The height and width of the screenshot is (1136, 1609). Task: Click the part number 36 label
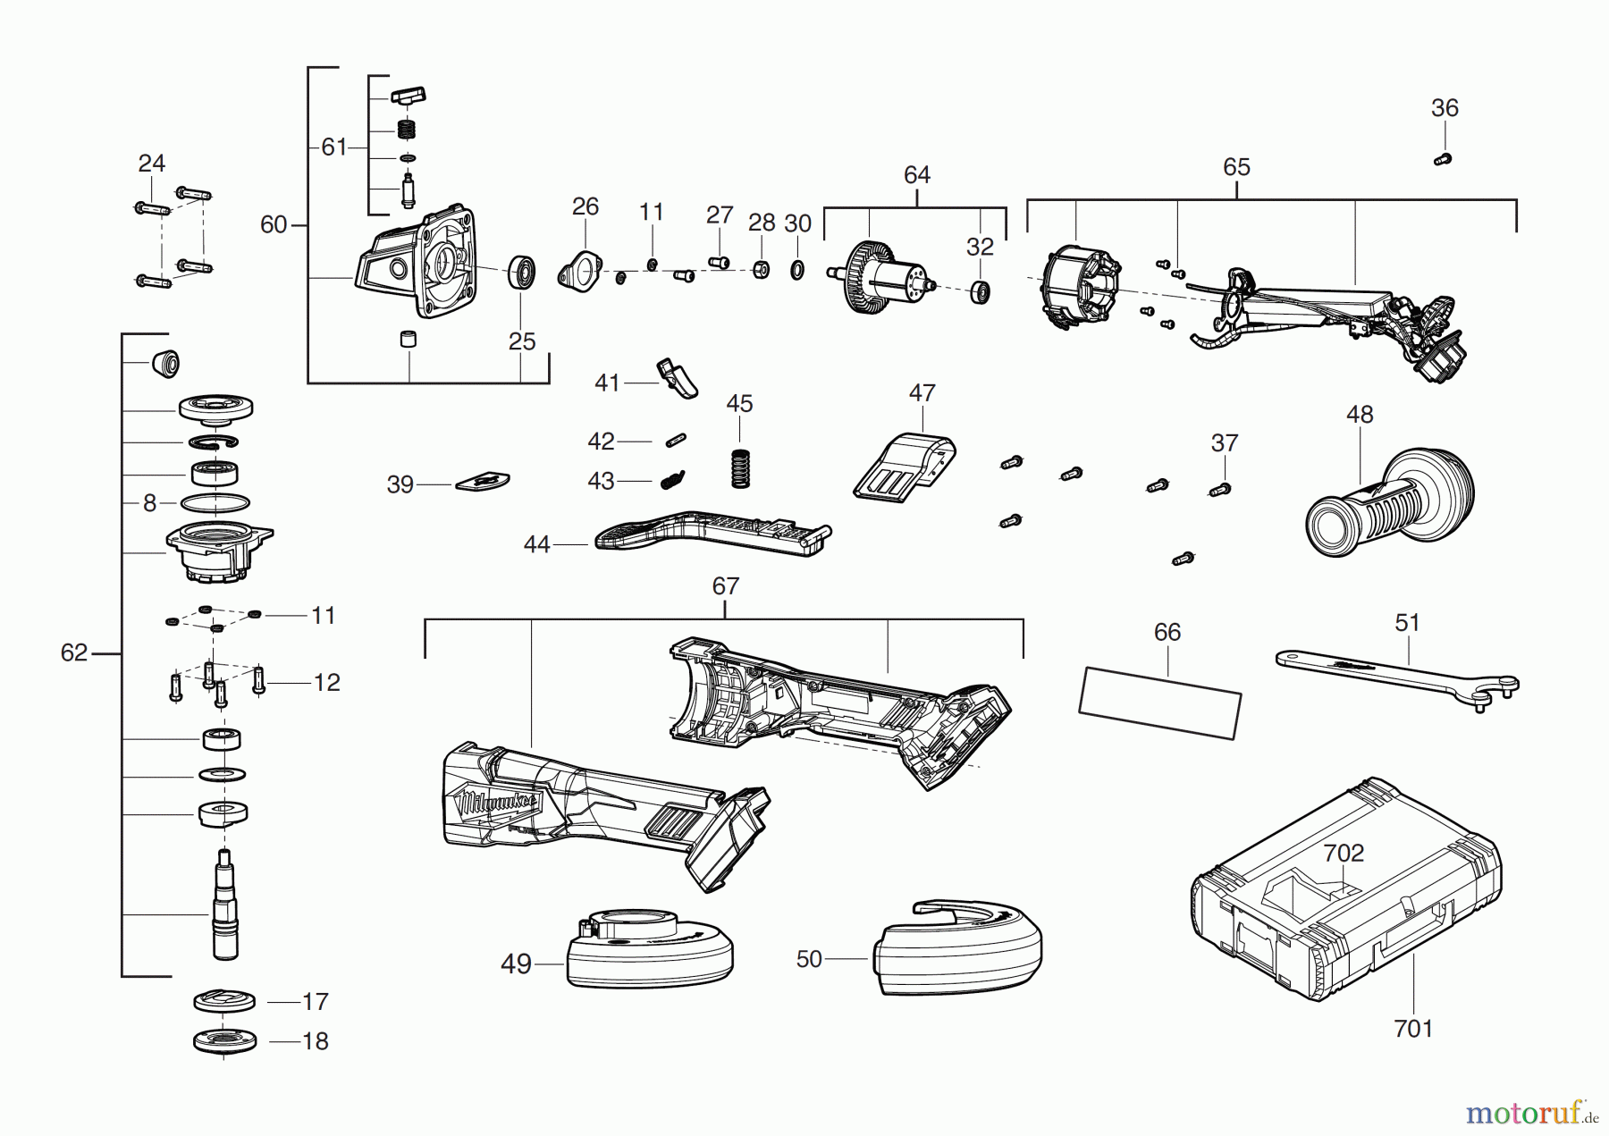(1445, 108)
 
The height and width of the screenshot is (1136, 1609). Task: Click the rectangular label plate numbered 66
(1159, 703)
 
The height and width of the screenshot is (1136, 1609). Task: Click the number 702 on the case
(1344, 853)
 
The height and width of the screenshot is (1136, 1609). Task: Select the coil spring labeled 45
(739, 467)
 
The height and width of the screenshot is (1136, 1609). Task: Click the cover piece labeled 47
(906, 466)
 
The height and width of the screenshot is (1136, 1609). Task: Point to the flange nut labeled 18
(224, 1041)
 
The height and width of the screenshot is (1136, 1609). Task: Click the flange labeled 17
(224, 1002)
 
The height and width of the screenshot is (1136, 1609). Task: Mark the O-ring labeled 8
(215, 503)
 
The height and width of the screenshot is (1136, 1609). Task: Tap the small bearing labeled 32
(982, 292)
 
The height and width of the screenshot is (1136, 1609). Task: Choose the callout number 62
(73, 653)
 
